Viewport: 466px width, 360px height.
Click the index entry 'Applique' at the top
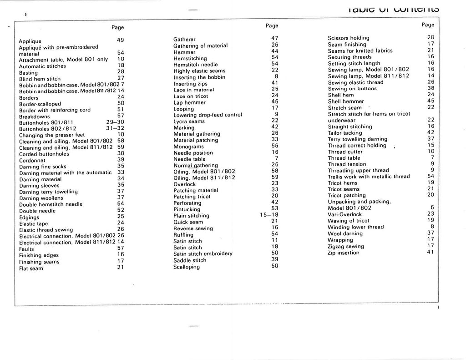pyautogui.click(x=30, y=41)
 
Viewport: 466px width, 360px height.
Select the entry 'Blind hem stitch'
pyautogui.click(x=40, y=79)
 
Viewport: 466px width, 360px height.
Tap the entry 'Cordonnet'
pyautogui.click(x=33, y=160)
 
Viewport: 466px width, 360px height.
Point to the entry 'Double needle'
pyautogui.click(x=38, y=211)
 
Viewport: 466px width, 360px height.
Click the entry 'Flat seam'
pyautogui.click(x=31, y=269)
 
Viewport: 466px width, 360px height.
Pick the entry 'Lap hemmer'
pyautogui.click(x=190, y=103)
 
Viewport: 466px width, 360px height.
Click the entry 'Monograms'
pyautogui.click(x=188, y=147)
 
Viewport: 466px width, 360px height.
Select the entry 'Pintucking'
pyautogui.click(x=187, y=209)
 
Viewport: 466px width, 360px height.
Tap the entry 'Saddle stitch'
pyautogui.click(x=190, y=260)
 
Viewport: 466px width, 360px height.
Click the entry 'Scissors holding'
pyautogui.click(x=348, y=38)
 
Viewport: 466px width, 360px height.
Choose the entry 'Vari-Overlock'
pyautogui.click(x=344, y=214)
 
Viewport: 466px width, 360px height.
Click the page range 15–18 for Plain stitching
pyautogui.click(x=269, y=215)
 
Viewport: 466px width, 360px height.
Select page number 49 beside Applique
pyautogui.click(x=121, y=40)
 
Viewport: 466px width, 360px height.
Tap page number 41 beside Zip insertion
pyautogui.click(x=431, y=252)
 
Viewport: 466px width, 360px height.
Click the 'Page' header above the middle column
pyautogui.click(x=272, y=26)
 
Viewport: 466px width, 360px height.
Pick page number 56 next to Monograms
pyautogui.click(x=274, y=146)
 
